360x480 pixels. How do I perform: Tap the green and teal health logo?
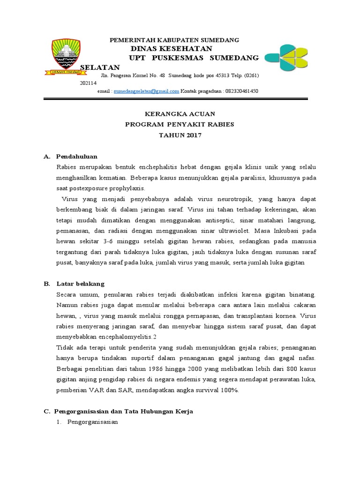[x=286, y=57]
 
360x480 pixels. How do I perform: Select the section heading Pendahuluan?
[x=76, y=156]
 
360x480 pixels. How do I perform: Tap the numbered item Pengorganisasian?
[x=92, y=422]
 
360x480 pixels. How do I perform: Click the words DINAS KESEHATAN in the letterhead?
[x=171, y=49]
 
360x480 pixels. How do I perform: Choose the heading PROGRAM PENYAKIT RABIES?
[x=179, y=124]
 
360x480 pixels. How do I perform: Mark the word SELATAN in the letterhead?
[x=100, y=67]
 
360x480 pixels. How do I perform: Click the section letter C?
[x=46, y=411]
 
